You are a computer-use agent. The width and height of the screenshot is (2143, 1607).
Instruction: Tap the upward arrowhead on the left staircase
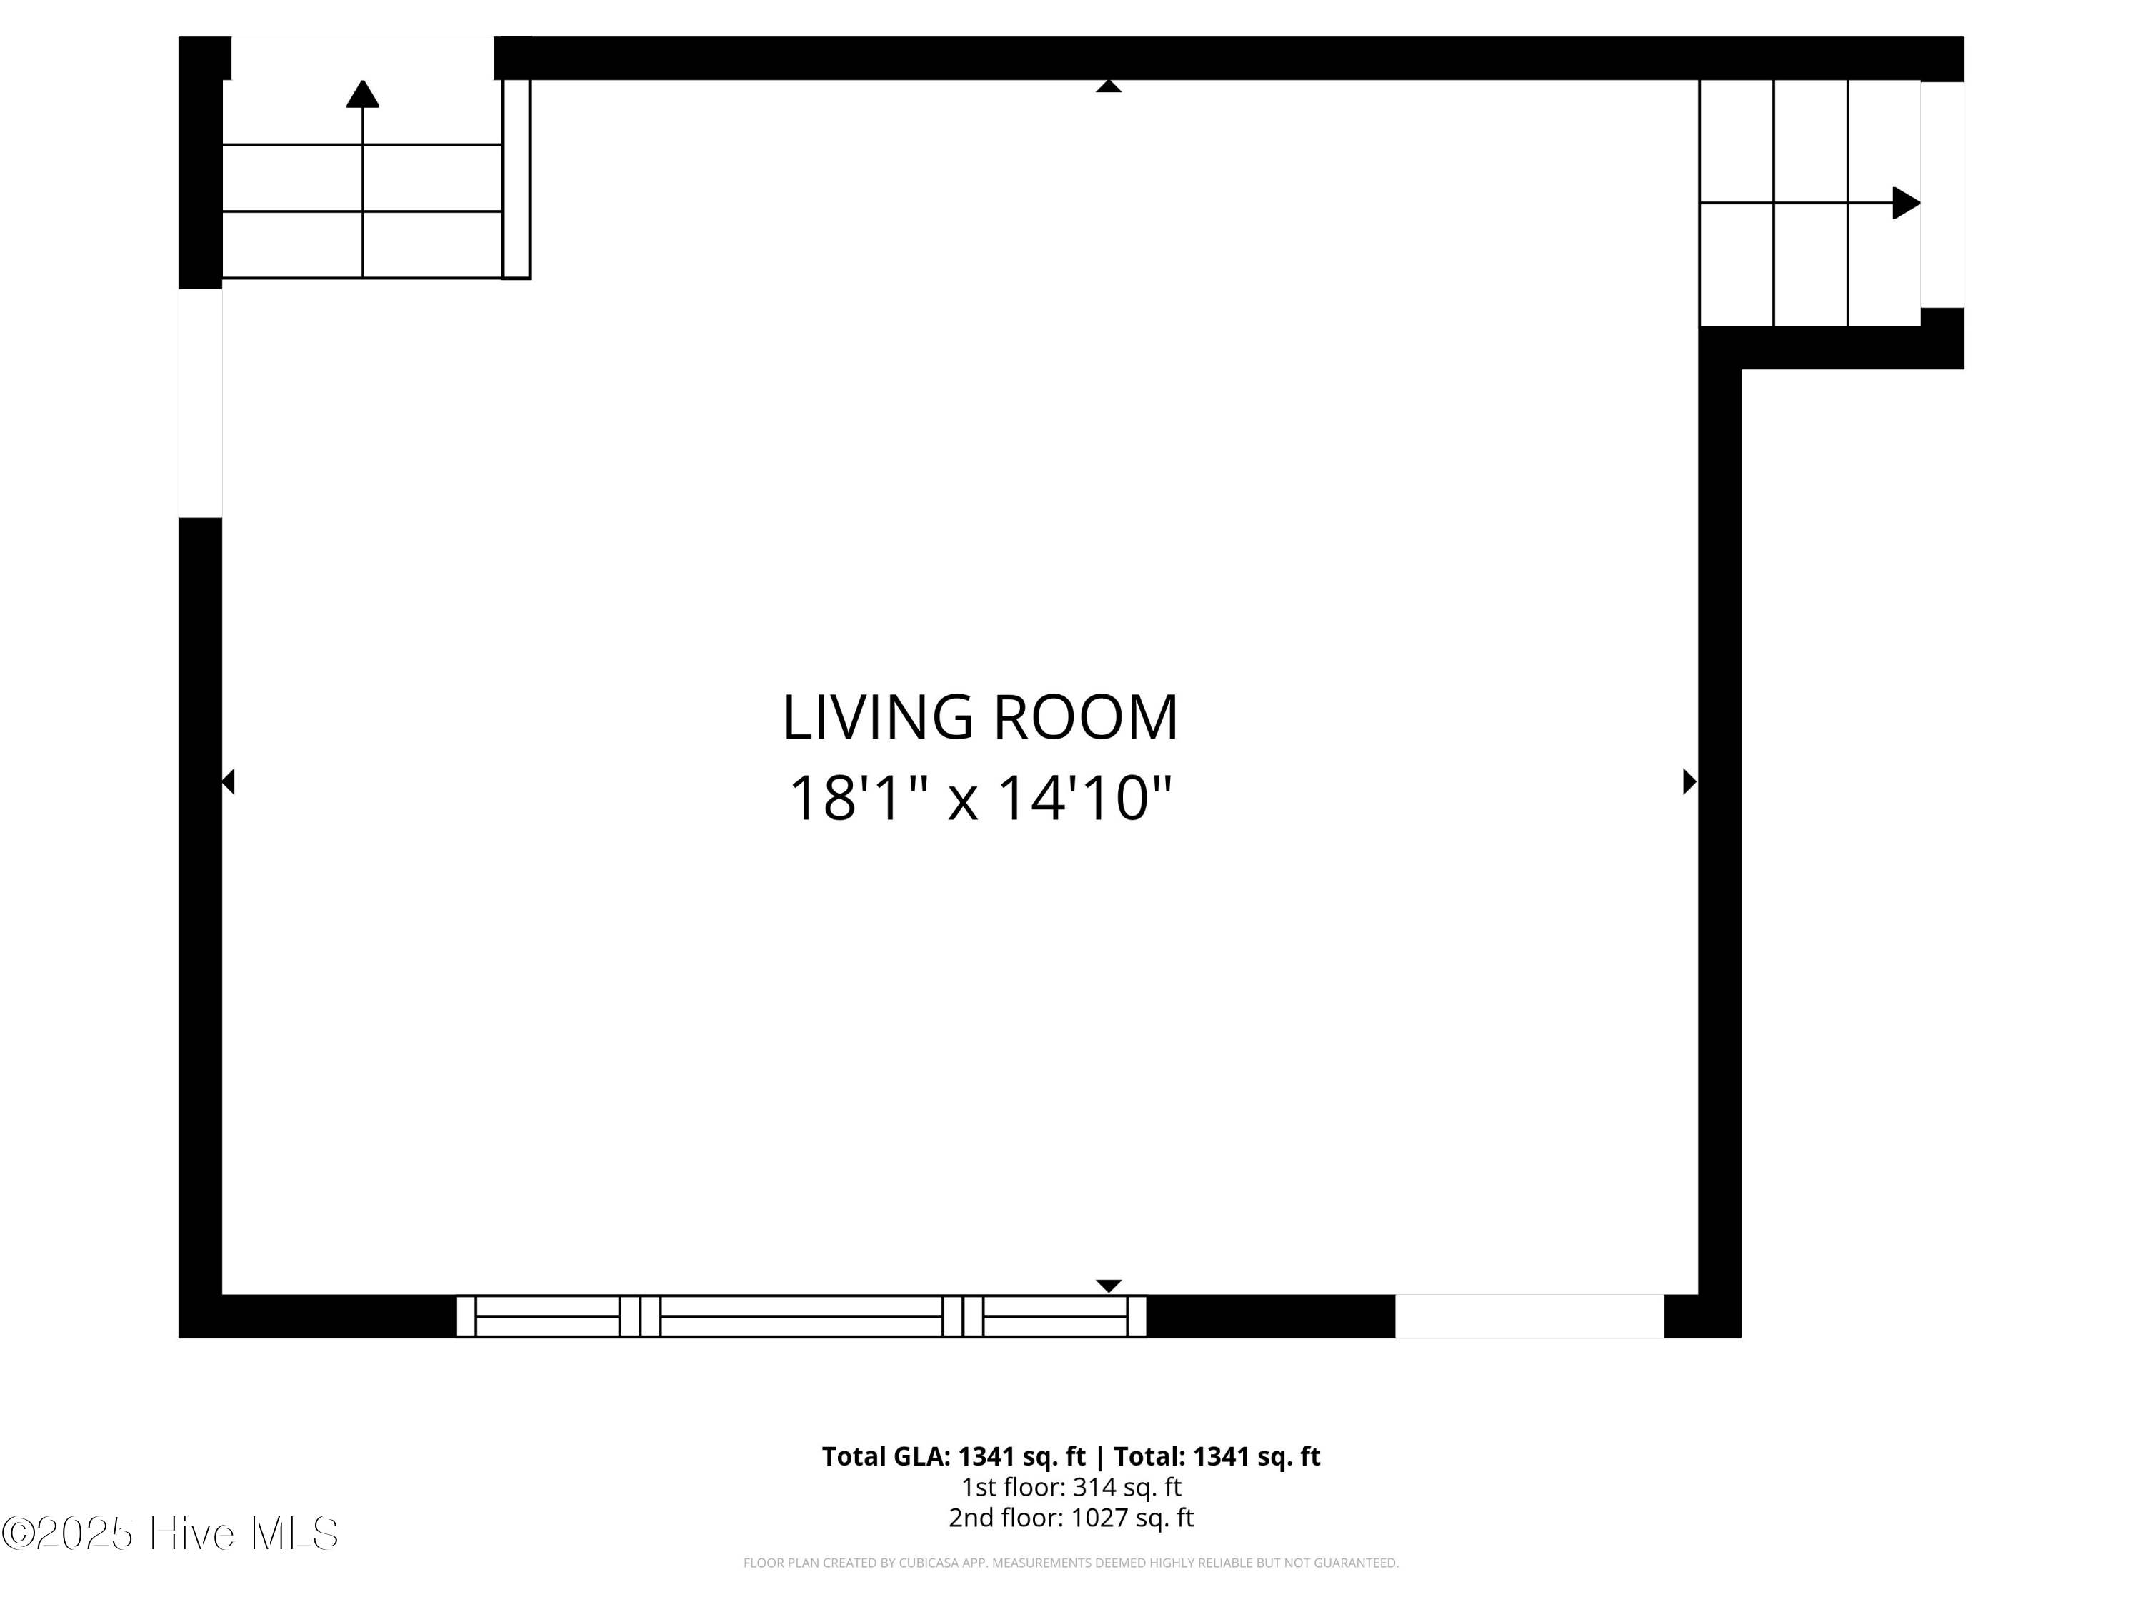click(x=362, y=94)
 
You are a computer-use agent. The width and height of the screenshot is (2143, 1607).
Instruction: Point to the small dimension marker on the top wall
click(x=1109, y=86)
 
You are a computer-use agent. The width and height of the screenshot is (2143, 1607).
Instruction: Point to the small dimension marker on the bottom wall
click(x=1109, y=1286)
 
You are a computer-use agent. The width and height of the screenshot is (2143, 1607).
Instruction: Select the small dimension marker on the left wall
click(x=229, y=781)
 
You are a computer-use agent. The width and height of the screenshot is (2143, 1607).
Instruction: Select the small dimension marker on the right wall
click(x=1689, y=781)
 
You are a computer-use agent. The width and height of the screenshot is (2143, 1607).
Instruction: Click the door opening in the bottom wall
click(x=1529, y=1316)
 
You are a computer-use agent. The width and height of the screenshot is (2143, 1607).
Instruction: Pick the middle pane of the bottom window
click(x=801, y=1316)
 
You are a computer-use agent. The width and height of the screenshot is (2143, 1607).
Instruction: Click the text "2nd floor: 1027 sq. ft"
click(x=1071, y=1517)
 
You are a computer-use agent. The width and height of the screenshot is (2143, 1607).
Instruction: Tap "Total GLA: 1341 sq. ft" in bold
click(x=954, y=1456)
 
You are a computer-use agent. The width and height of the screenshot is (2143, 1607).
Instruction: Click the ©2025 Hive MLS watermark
click(x=169, y=1533)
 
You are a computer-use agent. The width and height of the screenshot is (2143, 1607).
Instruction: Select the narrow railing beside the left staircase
click(x=516, y=179)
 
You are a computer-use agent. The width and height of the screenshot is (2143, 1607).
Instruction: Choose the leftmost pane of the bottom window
click(x=547, y=1316)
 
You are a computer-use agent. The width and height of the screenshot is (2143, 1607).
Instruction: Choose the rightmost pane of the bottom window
click(x=1055, y=1316)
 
